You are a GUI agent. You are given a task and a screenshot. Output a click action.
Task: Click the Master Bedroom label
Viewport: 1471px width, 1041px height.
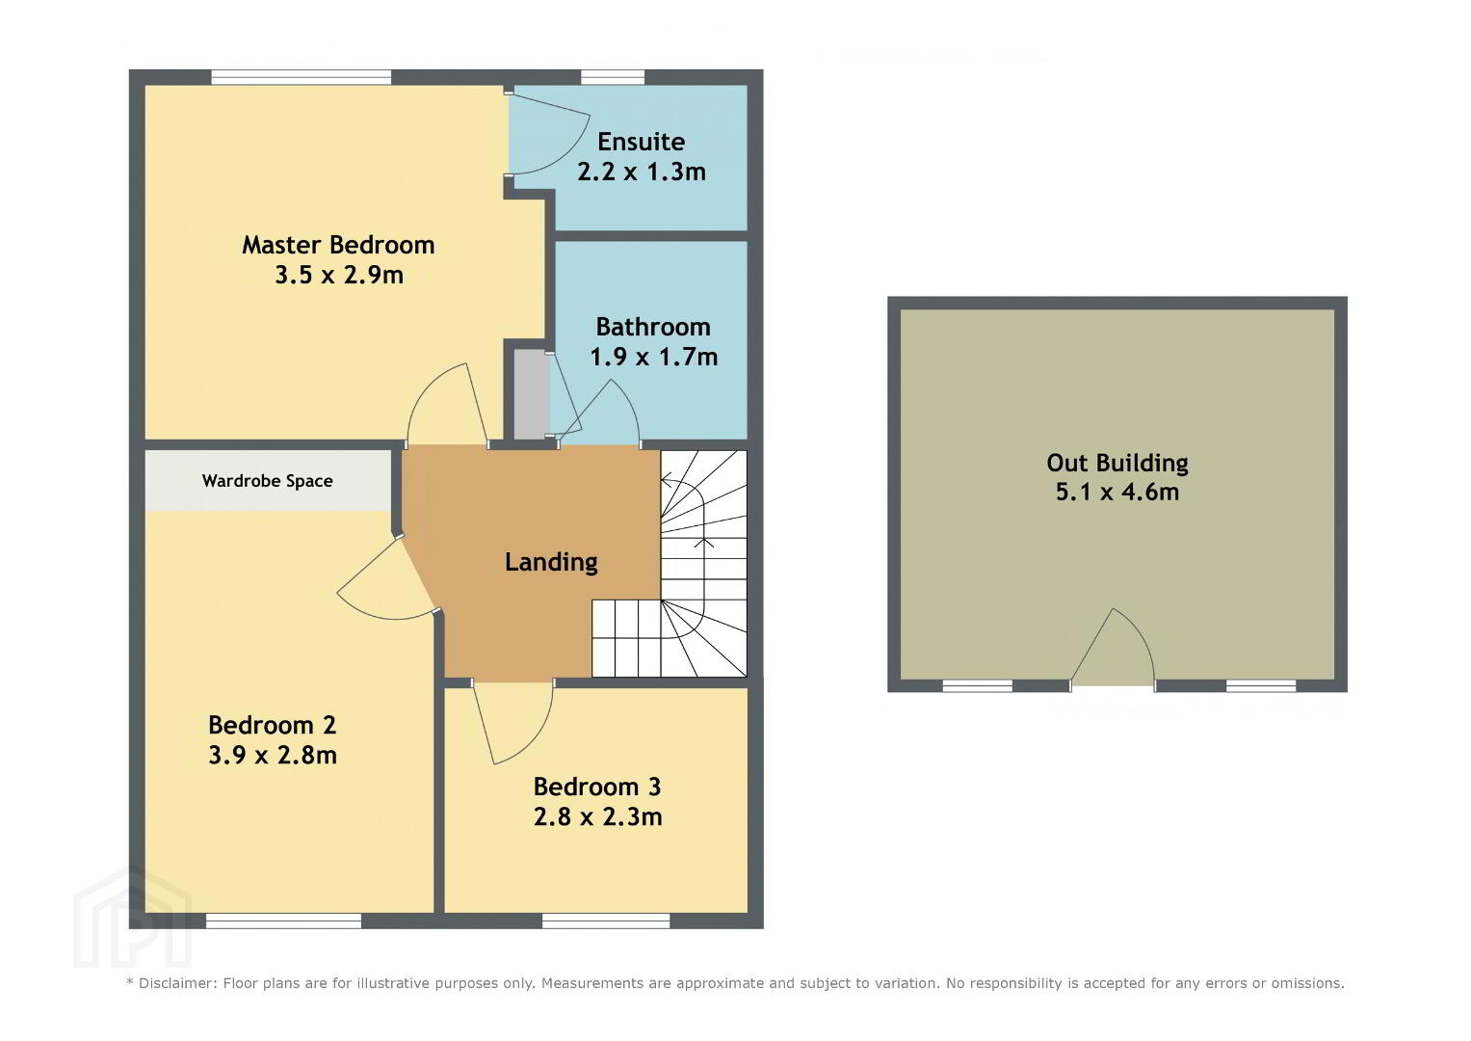(x=338, y=245)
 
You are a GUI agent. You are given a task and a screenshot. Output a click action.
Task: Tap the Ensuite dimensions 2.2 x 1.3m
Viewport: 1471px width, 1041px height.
(x=642, y=172)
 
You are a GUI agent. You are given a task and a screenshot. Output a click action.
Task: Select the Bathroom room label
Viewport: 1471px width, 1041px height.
(x=653, y=327)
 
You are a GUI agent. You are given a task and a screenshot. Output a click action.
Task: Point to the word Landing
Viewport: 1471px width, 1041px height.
(x=551, y=562)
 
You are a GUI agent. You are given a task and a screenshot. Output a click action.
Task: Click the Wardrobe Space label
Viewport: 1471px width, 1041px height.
(x=267, y=481)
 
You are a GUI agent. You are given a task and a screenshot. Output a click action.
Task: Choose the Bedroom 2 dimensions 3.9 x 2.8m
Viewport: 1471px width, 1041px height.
(x=273, y=755)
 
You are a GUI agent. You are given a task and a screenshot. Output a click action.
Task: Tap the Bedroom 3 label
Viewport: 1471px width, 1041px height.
(x=597, y=787)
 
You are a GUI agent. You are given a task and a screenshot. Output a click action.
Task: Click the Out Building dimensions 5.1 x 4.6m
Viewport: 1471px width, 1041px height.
(x=1117, y=492)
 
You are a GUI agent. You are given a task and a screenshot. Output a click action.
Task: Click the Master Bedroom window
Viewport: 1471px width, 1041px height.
(x=302, y=77)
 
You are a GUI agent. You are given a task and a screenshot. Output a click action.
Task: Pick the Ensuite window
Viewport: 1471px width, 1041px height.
(x=614, y=77)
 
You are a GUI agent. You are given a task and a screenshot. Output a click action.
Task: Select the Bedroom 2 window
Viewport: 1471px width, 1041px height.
(x=283, y=921)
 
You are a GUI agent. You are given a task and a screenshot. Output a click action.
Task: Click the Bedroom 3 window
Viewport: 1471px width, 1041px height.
(x=606, y=921)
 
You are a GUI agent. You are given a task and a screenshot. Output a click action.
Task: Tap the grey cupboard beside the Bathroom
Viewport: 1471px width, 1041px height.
(x=531, y=394)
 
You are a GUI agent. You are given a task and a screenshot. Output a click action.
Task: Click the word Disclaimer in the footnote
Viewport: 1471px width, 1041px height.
(x=176, y=983)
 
